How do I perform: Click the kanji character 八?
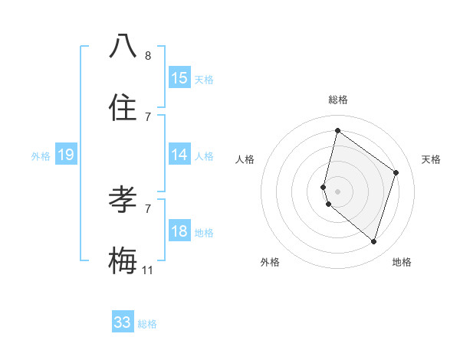(123, 47)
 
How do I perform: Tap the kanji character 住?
(123, 108)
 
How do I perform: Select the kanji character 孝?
(123, 200)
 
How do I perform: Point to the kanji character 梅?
(123, 261)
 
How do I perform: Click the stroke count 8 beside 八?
(148, 56)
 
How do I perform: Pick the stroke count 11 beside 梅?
(148, 270)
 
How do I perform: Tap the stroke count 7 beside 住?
(148, 117)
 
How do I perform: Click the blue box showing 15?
(179, 78)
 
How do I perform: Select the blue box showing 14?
(179, 155)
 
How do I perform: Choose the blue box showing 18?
(179, 231)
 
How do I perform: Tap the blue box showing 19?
(66, 155)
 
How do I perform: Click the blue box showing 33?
(123, 322)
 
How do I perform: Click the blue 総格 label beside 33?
(147, 324)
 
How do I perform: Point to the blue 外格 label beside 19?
(41, 156)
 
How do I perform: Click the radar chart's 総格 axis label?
(338, 100)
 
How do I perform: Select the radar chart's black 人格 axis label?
(245, 159)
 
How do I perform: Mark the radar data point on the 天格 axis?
(396, 172)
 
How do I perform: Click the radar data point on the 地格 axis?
(374, 241)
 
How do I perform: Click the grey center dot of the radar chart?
(338, 191)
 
